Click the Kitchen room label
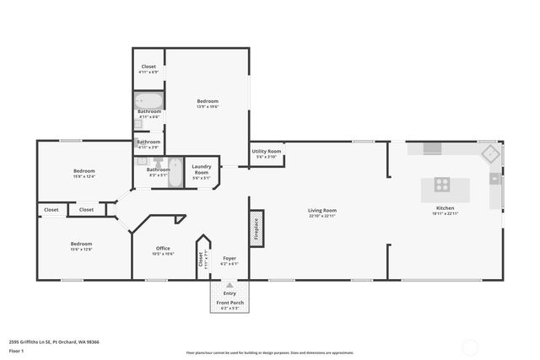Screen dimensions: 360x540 [445, 207]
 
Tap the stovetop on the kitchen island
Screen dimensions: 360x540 [442, 184]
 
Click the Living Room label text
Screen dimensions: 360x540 [321, 210]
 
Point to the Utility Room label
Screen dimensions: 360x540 [267, 152]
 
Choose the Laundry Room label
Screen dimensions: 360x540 [201, 169]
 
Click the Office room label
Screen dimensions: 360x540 [163, 248]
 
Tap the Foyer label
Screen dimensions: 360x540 [229, 258]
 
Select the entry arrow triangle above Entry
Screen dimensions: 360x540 [229, 286]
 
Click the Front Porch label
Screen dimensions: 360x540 [229, 302]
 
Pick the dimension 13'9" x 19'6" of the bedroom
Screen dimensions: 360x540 [207, 107]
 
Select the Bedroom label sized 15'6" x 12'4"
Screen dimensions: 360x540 [84, 171]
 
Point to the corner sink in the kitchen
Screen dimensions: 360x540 [489, 153]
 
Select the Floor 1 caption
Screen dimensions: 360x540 [17, 350]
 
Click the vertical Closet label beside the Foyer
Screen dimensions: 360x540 [201, 259]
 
